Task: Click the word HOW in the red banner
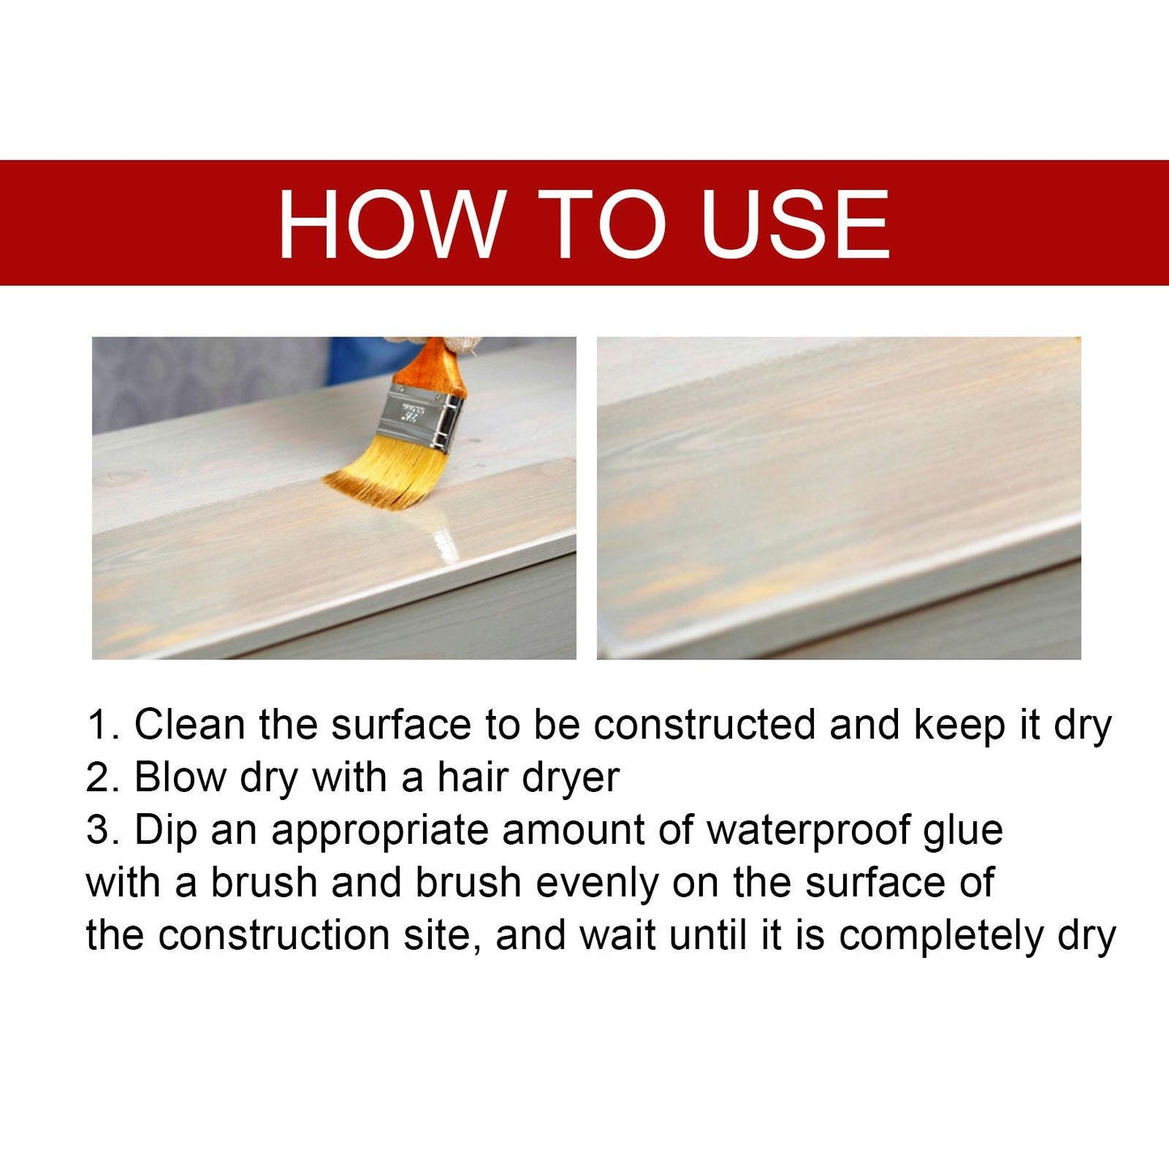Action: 390,224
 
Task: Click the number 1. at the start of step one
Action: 103,724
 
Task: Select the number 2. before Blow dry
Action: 103,777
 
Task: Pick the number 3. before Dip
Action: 103,830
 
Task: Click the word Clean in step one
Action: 189,724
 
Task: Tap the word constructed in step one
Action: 704,724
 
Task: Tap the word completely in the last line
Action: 941,937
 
